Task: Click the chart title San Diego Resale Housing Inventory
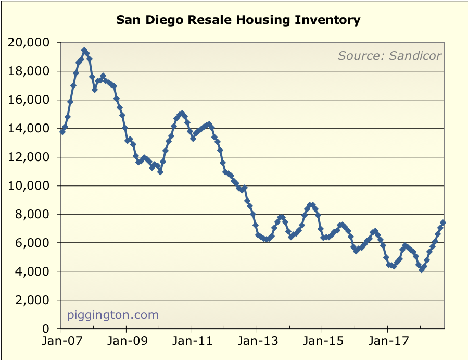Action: pyautogui.click(x=238, y=20)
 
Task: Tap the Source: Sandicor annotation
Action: pyautogui.click(x=389, y=55)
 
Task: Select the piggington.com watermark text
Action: pyautogui.click(x=113, y=315)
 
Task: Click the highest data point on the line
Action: pyautogui.click(x=84, y=50)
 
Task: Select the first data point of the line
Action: pyautogui.click(x=62, y=132)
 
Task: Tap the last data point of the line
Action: pyautogui.click(x=443, y=222)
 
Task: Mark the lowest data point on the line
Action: pyautogui.click(x=422, y=270)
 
